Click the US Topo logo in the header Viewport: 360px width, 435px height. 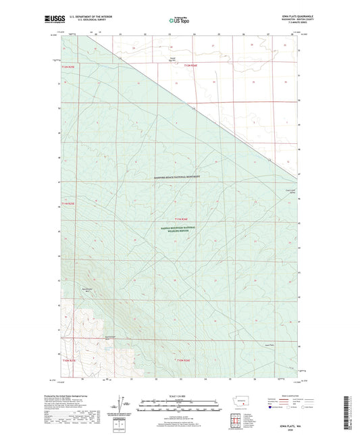179,19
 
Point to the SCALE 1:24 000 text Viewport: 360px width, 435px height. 179,394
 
